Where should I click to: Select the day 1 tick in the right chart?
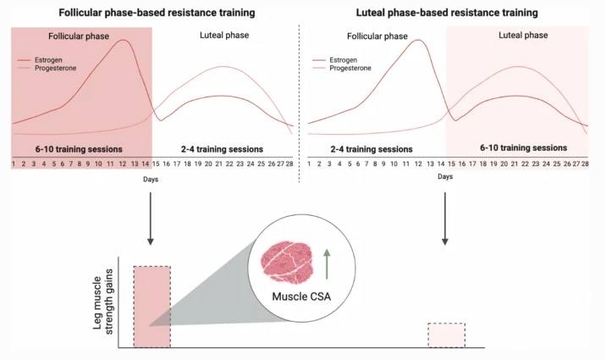[310, 163]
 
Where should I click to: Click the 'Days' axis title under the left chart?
[151, 180]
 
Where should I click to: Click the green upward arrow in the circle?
[327, 264]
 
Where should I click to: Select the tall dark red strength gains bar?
[151, 306]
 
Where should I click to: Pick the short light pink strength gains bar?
[446, 335]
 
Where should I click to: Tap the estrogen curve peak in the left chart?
[124, 40]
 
